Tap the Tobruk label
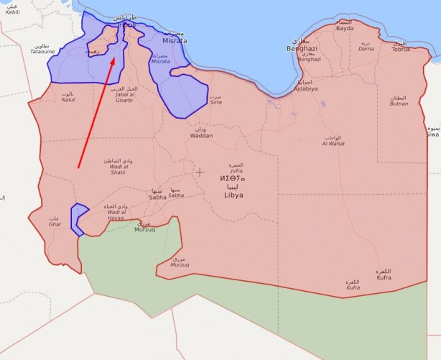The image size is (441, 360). [x=401, y=49]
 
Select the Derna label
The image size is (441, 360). [x=366, y=49]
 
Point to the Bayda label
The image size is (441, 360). [x=345, y=29]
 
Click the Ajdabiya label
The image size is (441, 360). [x=305, y=88]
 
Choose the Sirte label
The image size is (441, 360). [x=215, y=103]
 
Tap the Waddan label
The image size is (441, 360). [x=201, y=135]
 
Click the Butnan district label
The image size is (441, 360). [x=399, y=103]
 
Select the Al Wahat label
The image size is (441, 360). [x=333, y=143]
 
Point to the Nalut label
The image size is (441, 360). [x=68, y=101]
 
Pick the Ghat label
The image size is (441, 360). [x=55, y=224]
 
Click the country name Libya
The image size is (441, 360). [x=233, y=195]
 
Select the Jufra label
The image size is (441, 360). [x=236, y=171]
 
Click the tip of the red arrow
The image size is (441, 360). [x=115, y=58]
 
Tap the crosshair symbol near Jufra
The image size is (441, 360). [x=200, y=172]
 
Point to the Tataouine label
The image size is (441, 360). [x=42, y=52]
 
